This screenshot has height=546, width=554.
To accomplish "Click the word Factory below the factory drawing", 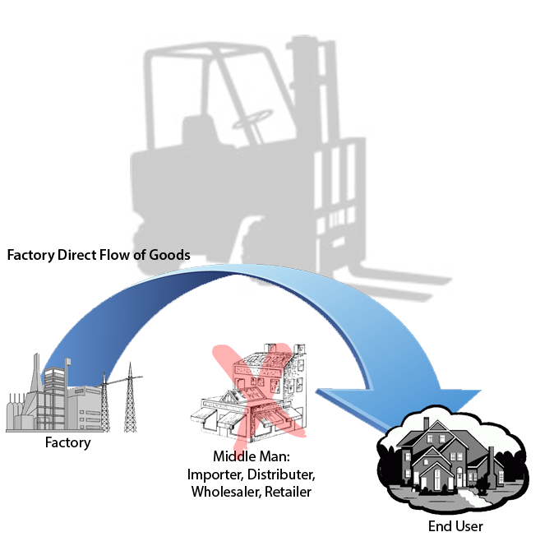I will (67, 442).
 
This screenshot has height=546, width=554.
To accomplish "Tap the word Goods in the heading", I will (170, 255).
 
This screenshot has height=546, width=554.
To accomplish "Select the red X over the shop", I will (261, 386).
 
